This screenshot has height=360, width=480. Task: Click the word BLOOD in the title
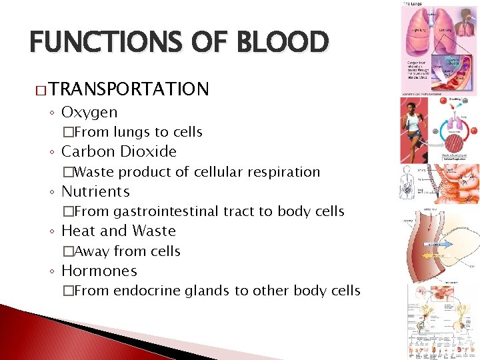point(287,42)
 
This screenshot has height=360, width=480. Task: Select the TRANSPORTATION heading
point(128,89)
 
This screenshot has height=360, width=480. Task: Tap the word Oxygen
point(89,112)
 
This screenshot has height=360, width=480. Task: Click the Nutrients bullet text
point(95,192)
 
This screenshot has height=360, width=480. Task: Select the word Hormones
point(99,271)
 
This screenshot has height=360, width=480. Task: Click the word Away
point(91,251)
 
